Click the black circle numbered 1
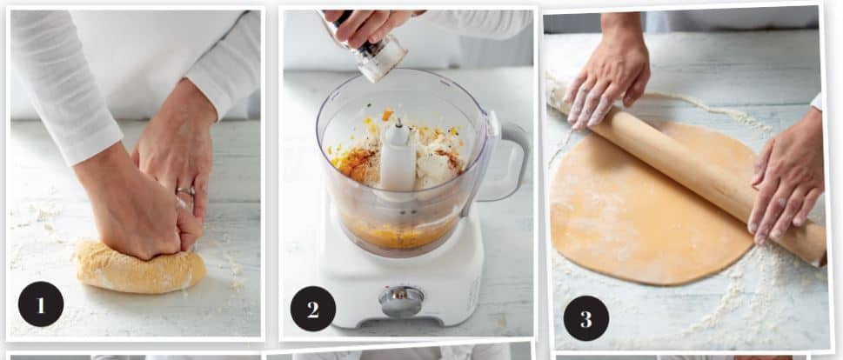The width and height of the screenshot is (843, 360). pyautogui.click(x=41, y=303)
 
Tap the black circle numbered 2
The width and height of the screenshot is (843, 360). pyautogui.click(x=313, y=309)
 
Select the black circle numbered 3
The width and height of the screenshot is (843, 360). pyautogui.click(x=586, y=318)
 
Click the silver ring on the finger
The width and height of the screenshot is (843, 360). pyautogui.click(x=186, y=190)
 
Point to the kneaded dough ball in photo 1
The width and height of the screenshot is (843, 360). pyautogui.click(x=141, y=267)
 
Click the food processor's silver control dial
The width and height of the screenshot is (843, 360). pyautogui.click(x=401, y=300)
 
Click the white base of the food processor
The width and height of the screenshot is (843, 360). pyautogui.click(x=403, y=274)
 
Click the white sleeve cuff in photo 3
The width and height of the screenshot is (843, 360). pyautogui.click(x=817, y=101)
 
